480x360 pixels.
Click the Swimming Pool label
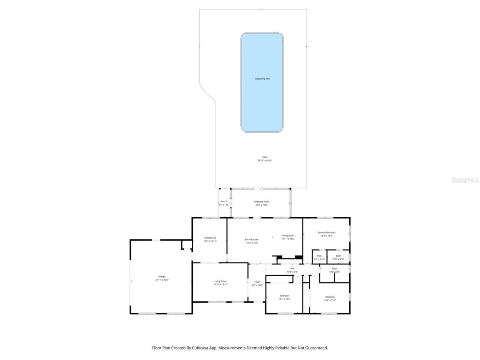(x=262, y=79)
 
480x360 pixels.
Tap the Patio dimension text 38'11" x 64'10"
(x=265, y=160)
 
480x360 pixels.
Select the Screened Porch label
(x=261, y=202)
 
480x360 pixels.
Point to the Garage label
(x=162, y=277)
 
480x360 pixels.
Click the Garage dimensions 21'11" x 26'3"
(x=162, y=280)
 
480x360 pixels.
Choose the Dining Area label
(x=210, y=238)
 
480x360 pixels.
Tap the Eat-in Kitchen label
(x=252, y=240)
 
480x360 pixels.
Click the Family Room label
(x=288, y=235)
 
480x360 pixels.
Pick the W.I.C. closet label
(x=319, y=256)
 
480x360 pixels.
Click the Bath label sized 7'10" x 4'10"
(x=338, y=256)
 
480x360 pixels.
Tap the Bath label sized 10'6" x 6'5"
(x=334, y=268)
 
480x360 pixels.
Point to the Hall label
(x=292, y=268)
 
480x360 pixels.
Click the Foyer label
(x=257, y=282)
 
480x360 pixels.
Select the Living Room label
(x=220, y=281)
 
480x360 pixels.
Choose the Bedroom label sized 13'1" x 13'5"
(x=284, y=296)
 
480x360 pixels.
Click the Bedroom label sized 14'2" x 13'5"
(x=330, y=297)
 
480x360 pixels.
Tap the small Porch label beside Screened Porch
(x=224, y=201)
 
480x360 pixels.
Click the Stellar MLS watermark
(x=465, y=180)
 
